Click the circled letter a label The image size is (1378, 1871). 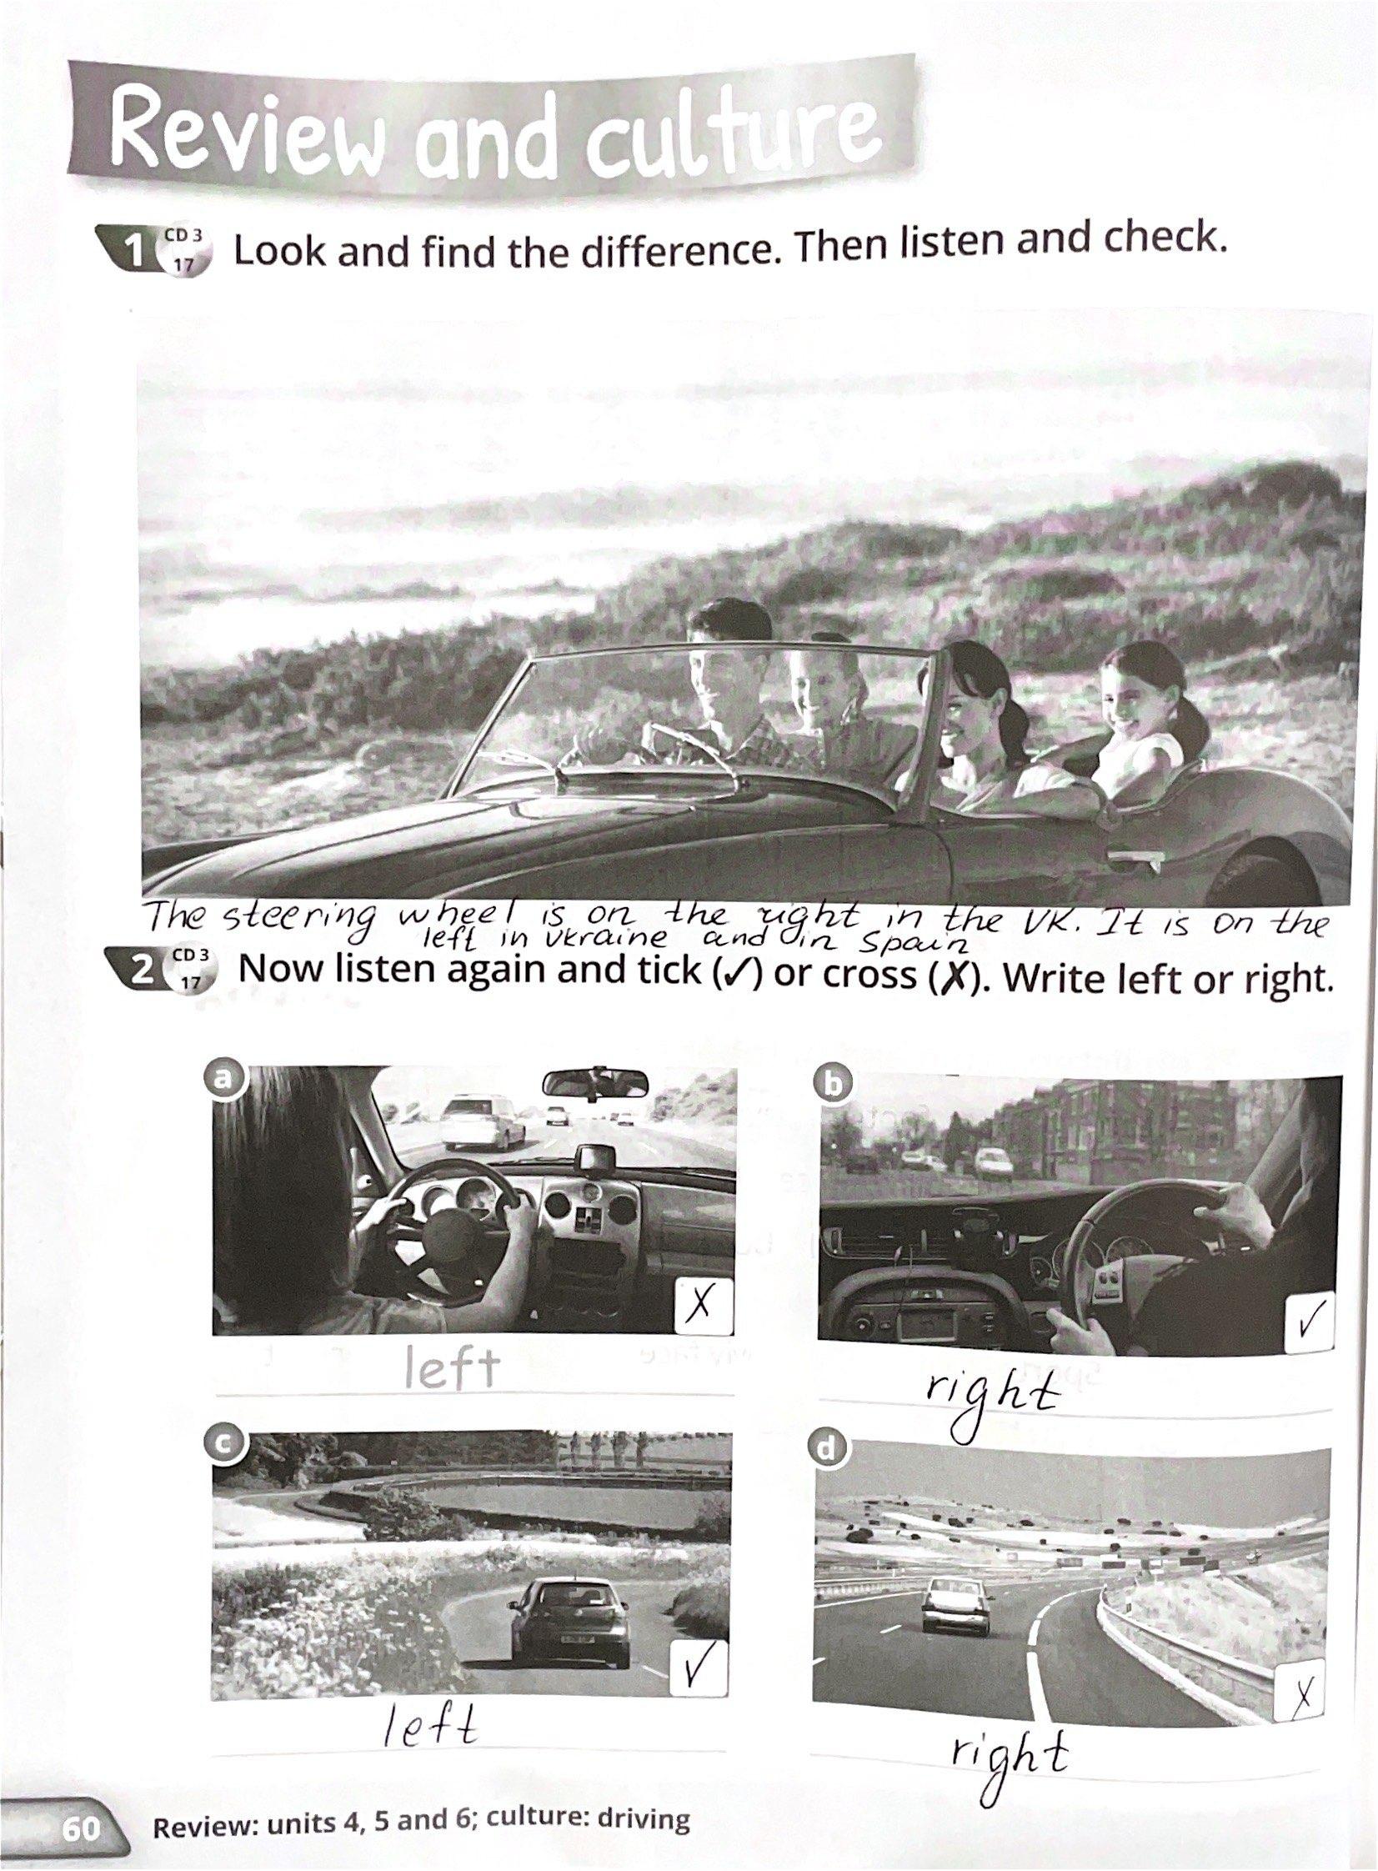click(x=220, y=1079)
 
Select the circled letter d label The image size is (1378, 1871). click(x=826, y=1450)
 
